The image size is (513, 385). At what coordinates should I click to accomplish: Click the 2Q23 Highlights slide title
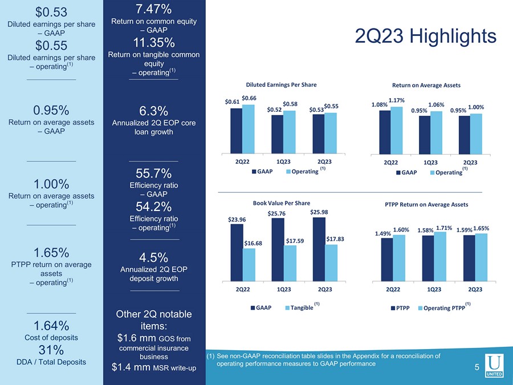425,37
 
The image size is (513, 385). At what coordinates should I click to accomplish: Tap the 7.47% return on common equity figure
154,9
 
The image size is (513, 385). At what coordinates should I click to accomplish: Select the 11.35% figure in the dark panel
154,43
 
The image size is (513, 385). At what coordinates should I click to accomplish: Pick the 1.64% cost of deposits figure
51,326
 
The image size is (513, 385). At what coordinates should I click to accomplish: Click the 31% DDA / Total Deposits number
51,349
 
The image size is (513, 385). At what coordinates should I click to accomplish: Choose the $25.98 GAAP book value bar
319,249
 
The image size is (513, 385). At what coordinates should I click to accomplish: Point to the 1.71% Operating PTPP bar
439,256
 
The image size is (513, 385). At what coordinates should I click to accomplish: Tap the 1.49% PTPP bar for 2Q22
386,260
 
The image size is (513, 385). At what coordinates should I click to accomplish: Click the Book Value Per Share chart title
282,202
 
